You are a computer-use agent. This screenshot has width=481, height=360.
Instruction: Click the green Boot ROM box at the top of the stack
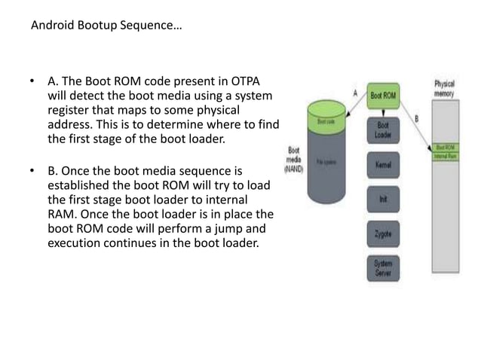383,97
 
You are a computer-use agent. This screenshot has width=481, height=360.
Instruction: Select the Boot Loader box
383,130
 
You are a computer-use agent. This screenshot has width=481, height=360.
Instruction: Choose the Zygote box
383,234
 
